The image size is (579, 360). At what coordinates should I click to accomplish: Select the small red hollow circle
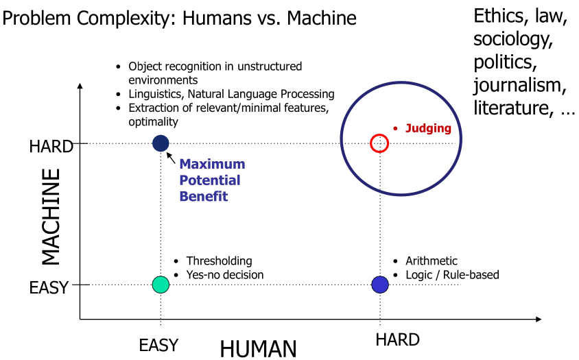(379, 143)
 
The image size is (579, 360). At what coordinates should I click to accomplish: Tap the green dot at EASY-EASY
(161, 284)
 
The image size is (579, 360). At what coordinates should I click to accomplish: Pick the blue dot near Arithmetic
(380, 284)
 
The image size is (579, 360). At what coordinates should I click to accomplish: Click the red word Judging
(428, 128)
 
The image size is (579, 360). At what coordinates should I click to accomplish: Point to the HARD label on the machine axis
(51, 146)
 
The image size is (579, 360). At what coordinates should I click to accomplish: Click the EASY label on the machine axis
(49, 288)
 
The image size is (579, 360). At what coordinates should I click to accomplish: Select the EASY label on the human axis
(158, 344)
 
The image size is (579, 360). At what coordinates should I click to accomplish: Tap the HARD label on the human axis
(397, 339)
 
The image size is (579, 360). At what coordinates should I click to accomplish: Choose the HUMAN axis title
(258, 349)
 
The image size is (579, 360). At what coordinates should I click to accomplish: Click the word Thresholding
(219, 261)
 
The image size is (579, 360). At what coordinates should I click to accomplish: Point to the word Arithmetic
(431, 261)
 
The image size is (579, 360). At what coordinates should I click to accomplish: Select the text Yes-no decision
(224, 275)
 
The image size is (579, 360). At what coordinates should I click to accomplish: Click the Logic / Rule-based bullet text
(452, 275)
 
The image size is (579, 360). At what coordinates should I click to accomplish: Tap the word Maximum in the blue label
(212, 165)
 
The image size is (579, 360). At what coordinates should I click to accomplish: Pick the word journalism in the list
(519, 85)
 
